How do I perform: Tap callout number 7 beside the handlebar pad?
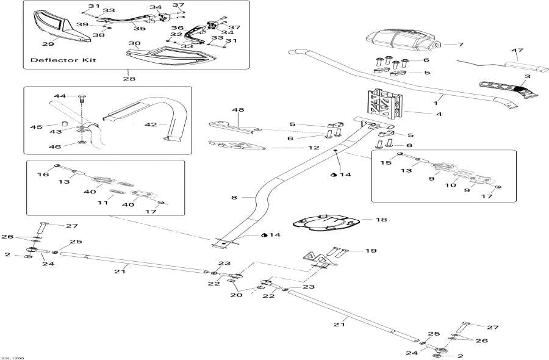[x=461, y=45]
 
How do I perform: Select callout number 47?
[x=518, y=51]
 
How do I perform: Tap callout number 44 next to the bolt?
[x=59, y=96]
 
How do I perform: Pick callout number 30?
[x=135, y=43]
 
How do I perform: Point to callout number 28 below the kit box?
[x=129, y=79]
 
